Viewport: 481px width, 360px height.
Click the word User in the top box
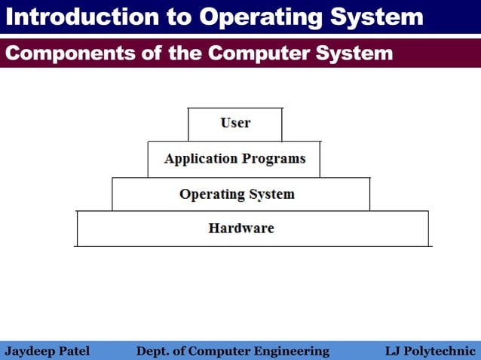click(235, 123)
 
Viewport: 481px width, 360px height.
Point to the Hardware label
click(241, 228)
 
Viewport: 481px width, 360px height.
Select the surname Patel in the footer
click(73, 351)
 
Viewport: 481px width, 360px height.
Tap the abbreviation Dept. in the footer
click(153, 351)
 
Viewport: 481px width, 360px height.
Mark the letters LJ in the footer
click(393, 351)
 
